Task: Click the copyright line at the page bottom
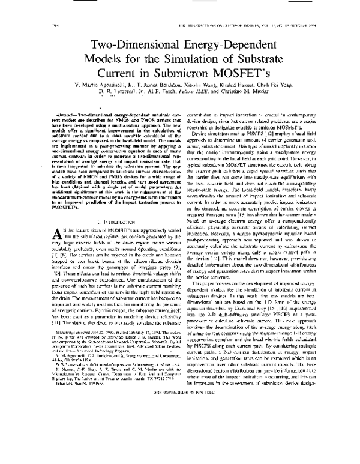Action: [x=180, y=438]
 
